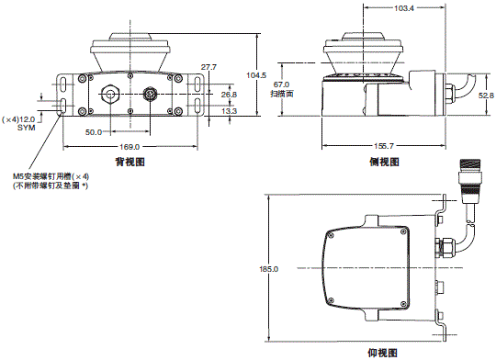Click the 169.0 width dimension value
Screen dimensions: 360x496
click(x=130, y=147)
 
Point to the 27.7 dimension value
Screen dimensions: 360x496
click(x=209, y=67)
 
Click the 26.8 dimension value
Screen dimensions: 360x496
click(x=230, y=95)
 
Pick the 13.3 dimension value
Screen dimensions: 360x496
click(x=230, y=111)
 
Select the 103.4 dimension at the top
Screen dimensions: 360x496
click(x=403, y=7)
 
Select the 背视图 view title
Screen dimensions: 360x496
click(x=130, y=162)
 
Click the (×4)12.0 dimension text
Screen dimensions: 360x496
click(x=19, y=119)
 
